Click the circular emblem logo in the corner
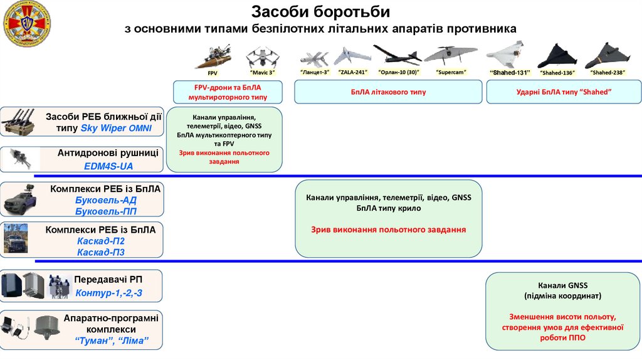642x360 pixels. click(x=26, y=25)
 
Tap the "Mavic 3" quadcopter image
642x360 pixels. click(x=261, y=57)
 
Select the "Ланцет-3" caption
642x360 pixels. click(x=315, y=73)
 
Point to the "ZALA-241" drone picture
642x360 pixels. click(x=352, y=56)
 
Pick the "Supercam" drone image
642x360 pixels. click(x=446, y=55)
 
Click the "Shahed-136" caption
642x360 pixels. click(x=557, y=73)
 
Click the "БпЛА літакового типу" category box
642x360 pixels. click(x=388, y=92)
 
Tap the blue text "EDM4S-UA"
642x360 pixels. click(x=108, y=166)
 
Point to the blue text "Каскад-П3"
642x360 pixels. click(x=101, y=252)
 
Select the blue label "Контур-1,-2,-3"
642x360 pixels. click(x=108, y=293)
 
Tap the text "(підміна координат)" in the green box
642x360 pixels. click(x=562, y=295)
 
